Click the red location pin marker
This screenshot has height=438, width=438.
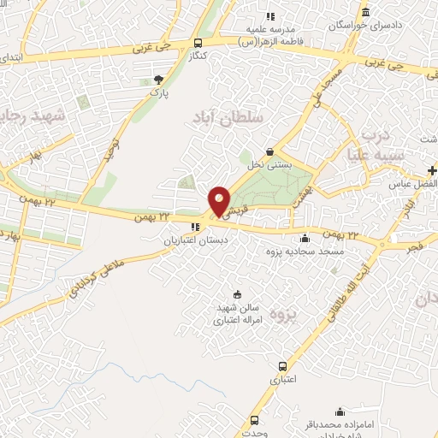coord(220,202)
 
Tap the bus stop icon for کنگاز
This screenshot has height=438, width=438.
coord(198,43)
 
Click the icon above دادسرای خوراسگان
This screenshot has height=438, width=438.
coord(366,11)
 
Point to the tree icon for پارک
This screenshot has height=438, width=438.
coord(158,79)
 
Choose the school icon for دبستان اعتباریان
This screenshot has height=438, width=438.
coord(195,227)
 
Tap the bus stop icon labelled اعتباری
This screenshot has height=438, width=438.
coord(283,366)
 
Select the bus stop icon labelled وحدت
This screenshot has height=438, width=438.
coord(254,420)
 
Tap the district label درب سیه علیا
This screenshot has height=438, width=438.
coord(373,145)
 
